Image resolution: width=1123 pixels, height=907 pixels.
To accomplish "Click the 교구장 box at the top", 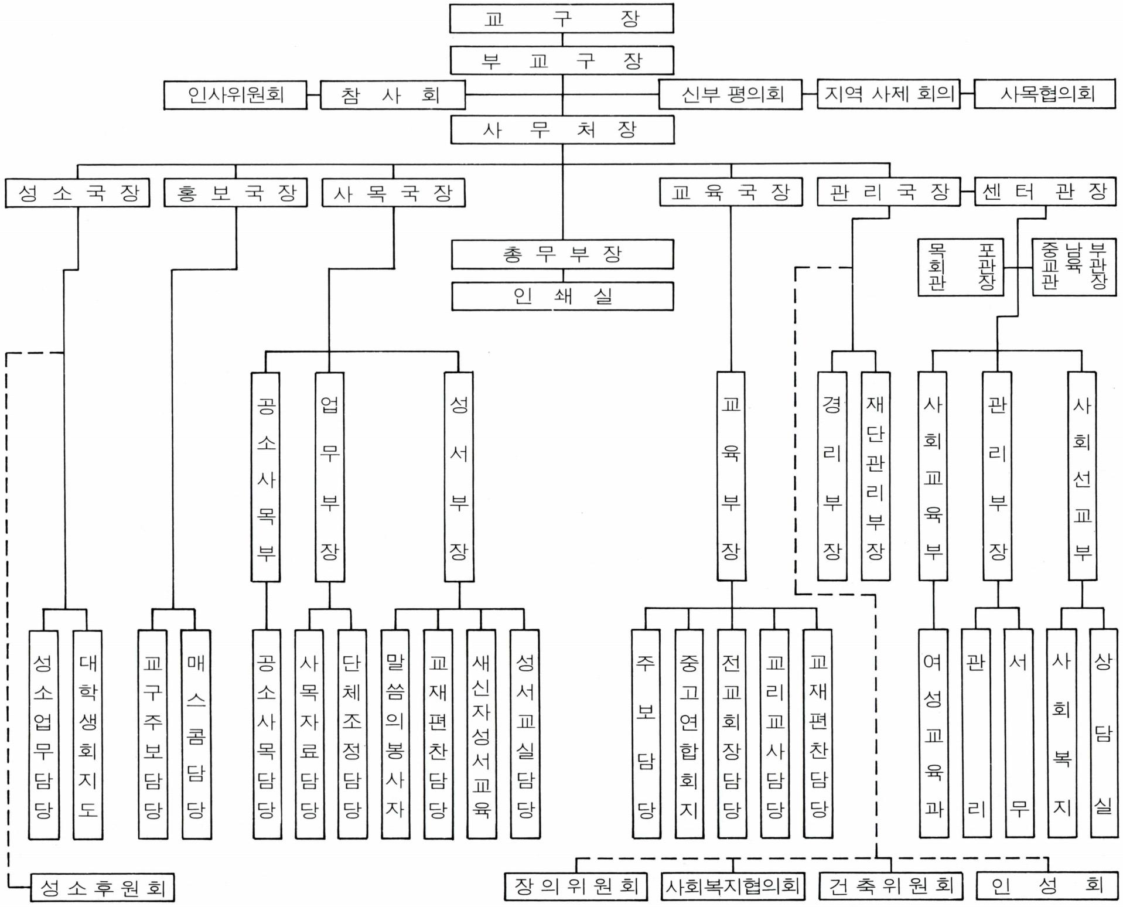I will (x=561, y=19).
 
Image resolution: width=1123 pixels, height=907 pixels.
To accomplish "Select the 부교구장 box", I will (x=561, y=60).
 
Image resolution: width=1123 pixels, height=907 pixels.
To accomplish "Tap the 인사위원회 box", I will (x=235, y=95).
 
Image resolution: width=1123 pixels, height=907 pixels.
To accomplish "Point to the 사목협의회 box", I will (x=1045, y=94).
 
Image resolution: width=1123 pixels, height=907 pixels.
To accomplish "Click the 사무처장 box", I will (x=562, y=129).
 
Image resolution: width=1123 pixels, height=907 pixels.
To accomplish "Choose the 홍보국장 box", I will (x=235, y=193).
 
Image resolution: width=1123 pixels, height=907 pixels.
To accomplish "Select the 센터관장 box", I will (x=1045, y=192).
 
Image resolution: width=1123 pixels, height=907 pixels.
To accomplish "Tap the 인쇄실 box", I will (x=562, y=296).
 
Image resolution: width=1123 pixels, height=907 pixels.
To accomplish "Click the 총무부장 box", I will (x=562, y=254).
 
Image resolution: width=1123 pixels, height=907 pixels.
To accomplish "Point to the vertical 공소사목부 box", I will (x=266, y=477).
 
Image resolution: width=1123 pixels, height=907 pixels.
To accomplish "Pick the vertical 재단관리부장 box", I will (x=875, y=476).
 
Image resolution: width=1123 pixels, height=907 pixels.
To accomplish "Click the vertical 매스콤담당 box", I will (x=196, y=734).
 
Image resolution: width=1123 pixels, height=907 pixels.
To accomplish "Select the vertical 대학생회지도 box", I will (x=87, y=734).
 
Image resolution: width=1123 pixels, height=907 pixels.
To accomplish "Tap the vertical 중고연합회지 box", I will (x=689, y=734).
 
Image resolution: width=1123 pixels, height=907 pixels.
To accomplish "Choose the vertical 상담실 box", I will (x=1103, y=734).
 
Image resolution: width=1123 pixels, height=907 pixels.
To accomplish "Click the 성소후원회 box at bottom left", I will (x=102, y=888).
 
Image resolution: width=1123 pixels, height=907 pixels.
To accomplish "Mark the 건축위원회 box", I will (x=890, y=886).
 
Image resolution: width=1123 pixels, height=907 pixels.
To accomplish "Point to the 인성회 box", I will (x=1046, y=885).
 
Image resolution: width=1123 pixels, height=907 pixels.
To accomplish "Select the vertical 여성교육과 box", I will (x=933, y=734).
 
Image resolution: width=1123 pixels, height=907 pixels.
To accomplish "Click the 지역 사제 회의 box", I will (x=888, y=94).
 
